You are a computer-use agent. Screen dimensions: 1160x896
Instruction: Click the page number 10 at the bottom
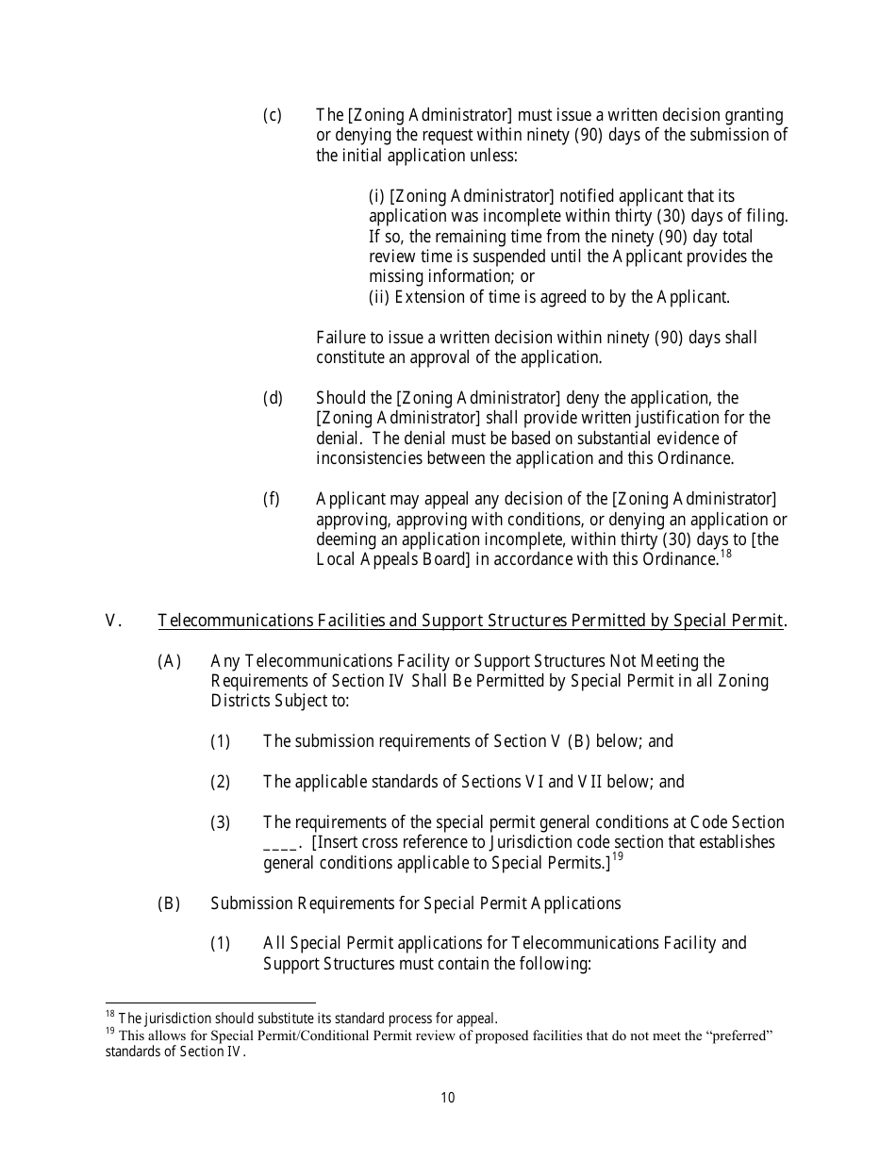(447, 1097)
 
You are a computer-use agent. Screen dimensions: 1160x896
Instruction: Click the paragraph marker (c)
(272, 115)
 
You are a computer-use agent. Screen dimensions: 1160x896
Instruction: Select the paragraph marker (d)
(272, 398)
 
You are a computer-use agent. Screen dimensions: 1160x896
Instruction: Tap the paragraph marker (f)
(271, 499)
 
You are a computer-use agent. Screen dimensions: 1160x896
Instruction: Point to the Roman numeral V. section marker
(114, 621)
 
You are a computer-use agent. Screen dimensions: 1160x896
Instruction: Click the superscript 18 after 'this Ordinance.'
(725, 555)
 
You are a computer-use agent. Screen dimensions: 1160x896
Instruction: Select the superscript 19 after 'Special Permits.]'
(618, 857)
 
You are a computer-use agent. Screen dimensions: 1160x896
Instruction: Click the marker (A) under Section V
(169, 661)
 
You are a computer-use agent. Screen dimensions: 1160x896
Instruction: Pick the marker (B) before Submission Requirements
(169, 903)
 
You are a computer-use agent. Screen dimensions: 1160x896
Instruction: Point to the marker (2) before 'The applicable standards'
(220, 782)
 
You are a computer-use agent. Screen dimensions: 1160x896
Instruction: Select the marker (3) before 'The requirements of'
(220, 822)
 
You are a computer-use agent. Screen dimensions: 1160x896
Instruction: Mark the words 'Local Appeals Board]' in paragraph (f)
(392, 560)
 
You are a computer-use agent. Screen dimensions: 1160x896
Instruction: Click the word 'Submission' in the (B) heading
(252, 903)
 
